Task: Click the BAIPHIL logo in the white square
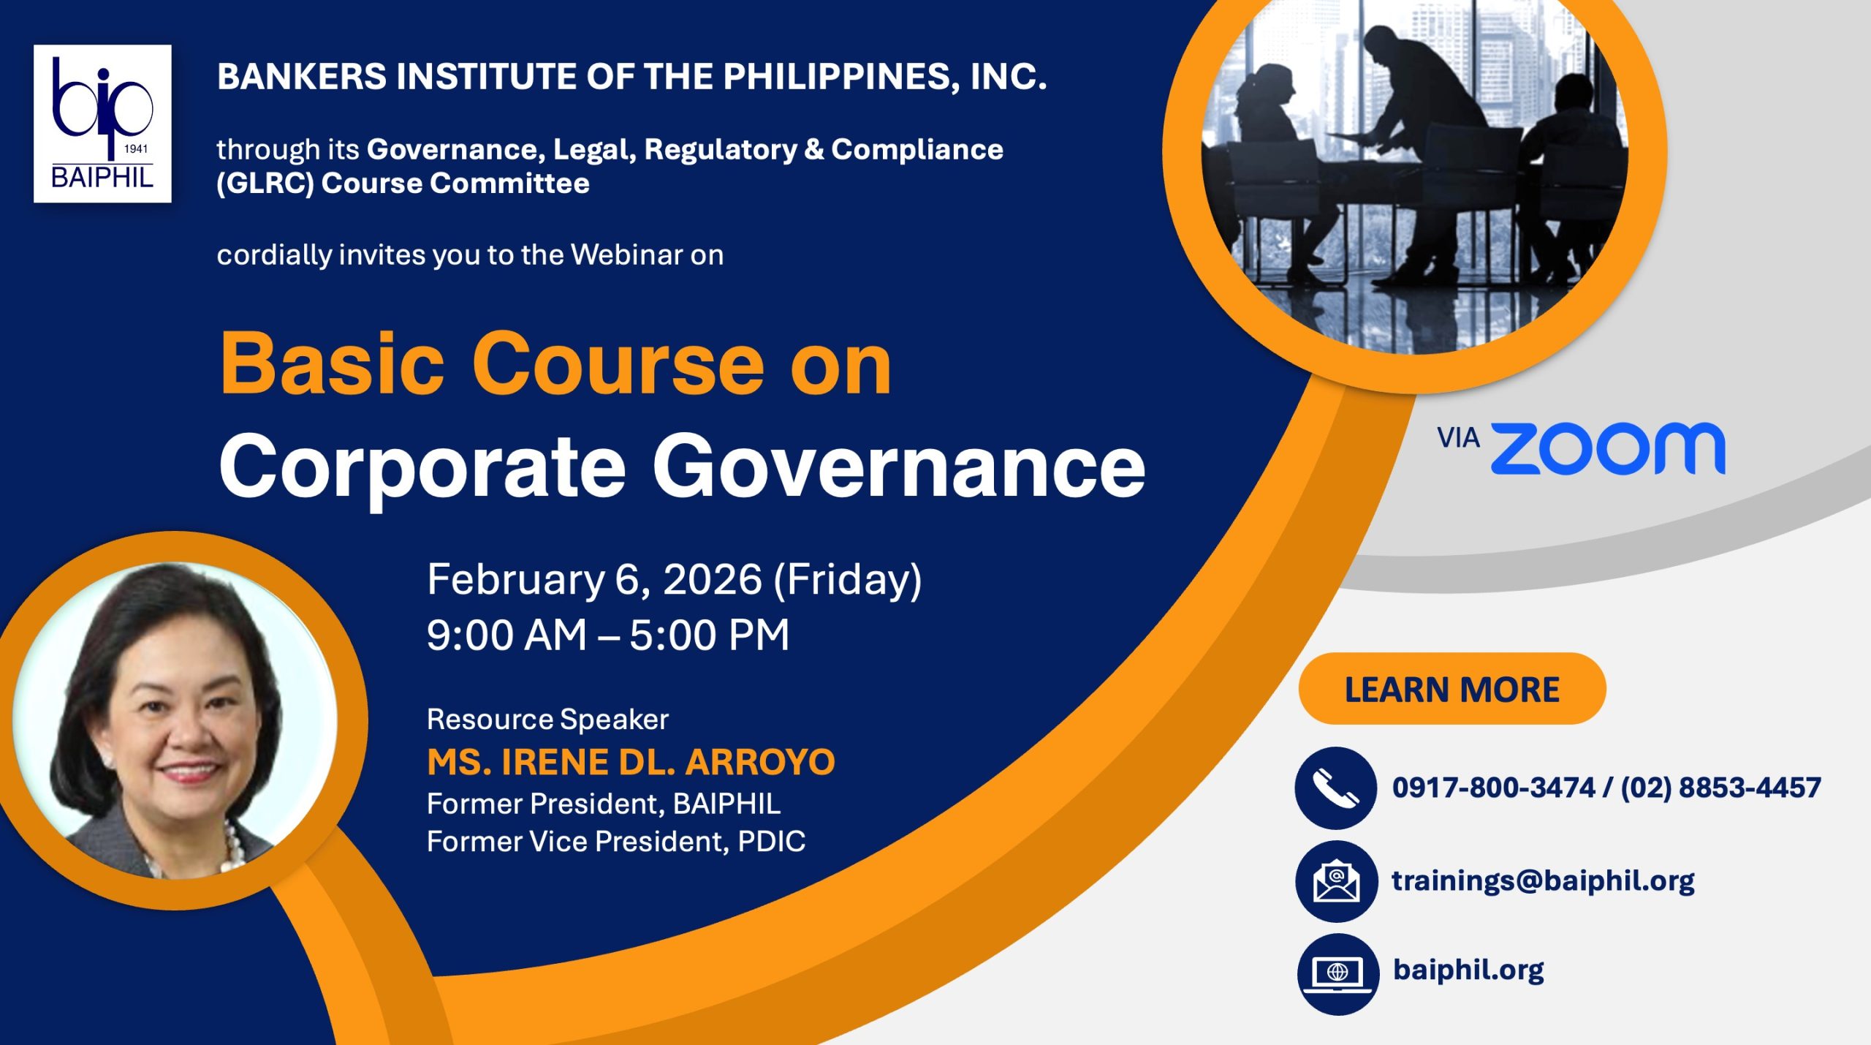(x=102, y=124)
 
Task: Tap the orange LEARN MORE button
(x=1452, y=689)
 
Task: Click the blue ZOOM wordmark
(x=1608, y=448)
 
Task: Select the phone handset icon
(x=1336, y=788)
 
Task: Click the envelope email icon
(x=1337, y=881)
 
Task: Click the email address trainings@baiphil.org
(x=1543, y=881)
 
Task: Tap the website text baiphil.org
(x=1468, y=970)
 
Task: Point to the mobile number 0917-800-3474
(x=1493, y=788)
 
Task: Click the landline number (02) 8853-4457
(x=1721, y=788)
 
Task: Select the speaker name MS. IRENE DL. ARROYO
(x=631, y=762)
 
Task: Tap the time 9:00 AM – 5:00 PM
(x=608, y=635)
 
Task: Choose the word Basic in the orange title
(x=333, y=363)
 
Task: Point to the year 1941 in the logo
(x=136, y=148)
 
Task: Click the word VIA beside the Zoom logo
(x=1458, y=438)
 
